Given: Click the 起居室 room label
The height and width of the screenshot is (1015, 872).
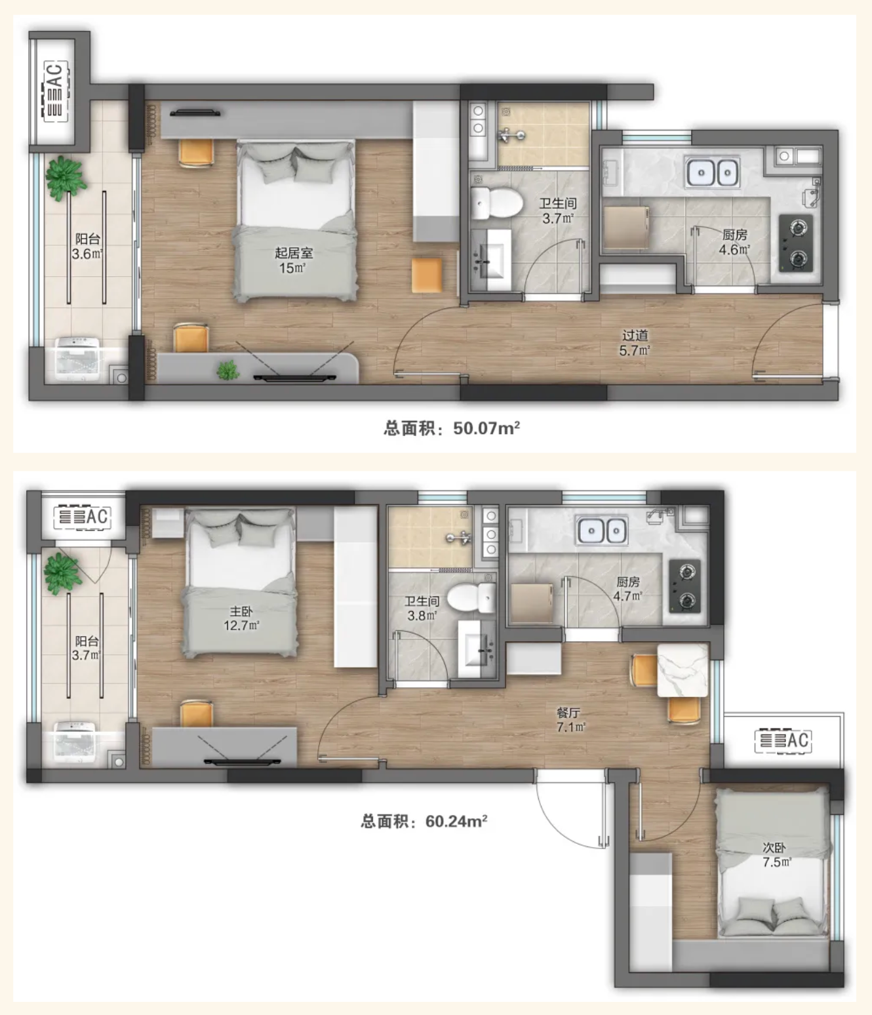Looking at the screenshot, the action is tap(294, 253).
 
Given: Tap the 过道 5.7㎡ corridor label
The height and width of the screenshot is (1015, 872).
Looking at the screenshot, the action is tap(635, 343).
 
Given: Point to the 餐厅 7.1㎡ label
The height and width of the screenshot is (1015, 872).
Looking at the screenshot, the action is tap(569, 719).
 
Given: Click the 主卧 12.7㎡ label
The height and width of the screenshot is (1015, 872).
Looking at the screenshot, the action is tap(241, 618).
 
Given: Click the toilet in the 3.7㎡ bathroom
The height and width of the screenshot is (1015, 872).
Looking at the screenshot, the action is tap(496, 203).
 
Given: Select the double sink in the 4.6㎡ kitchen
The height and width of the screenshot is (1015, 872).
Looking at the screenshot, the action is tap(713, 172).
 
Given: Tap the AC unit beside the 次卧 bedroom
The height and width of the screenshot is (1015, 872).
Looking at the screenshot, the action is tap(783, 740).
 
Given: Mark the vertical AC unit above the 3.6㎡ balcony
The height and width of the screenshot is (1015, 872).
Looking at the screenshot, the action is tap(54, 91).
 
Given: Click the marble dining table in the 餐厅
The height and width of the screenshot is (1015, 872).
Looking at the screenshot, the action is tap(683, 670).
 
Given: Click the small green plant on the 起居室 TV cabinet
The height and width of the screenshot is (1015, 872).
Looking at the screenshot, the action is tap(228, 370).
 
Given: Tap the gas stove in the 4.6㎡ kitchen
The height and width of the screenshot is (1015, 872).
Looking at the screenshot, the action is tap(796, 243).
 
